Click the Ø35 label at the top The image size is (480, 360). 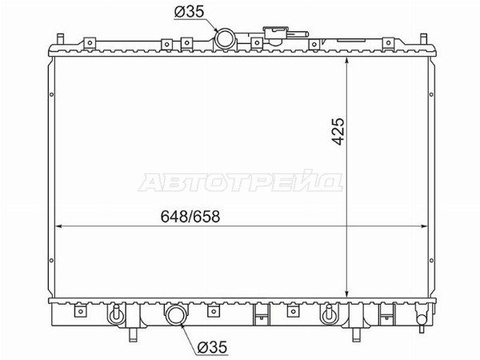[189, 12]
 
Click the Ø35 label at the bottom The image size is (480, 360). [212, 347]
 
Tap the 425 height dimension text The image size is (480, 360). [338, 131]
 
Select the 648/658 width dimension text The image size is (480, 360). [190, 217]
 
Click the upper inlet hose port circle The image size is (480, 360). [225, 39]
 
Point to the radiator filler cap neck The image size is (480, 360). [276, 33]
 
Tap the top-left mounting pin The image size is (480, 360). [60, 39]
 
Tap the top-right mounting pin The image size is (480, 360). [423, 39]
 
